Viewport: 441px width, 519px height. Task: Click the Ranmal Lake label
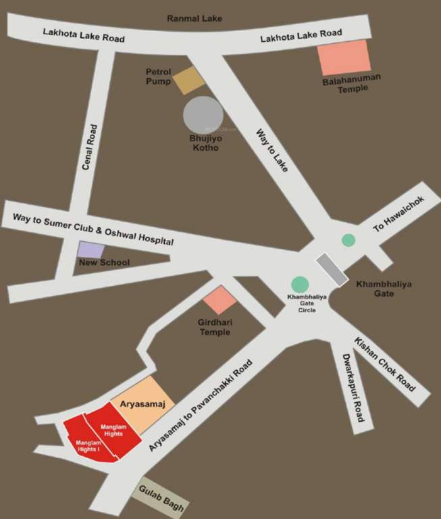[x=194, y=18]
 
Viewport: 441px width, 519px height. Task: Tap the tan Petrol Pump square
[x=188, y=80]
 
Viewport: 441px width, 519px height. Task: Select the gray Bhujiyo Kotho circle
[x=203, y=115]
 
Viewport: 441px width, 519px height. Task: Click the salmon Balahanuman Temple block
[x=344, y=57]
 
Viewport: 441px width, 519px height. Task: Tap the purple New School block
[x=90, y=249]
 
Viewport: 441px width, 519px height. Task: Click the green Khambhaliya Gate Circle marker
[x=299, y=285]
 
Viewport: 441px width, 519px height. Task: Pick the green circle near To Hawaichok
[x=348, y=239]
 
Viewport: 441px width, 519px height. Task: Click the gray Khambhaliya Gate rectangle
[x=332, y=268]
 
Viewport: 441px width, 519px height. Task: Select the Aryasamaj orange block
[x=142, y=405]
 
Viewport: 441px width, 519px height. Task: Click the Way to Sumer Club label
[x=88, y=230]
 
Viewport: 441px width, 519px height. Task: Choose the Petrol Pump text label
[x=159, y=76]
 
